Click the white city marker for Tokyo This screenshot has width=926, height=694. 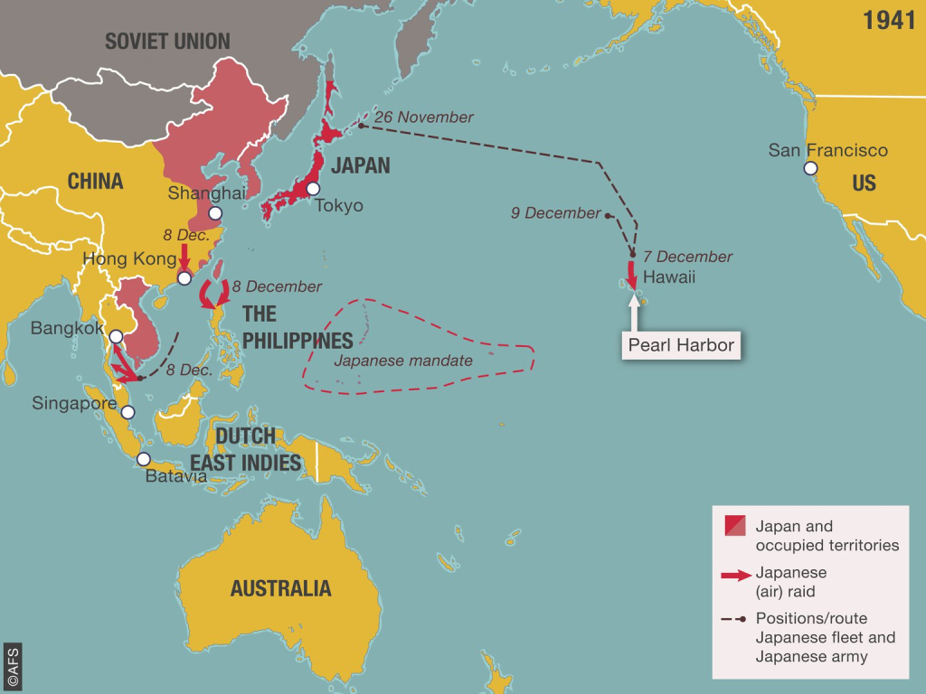click(x=313, y=189)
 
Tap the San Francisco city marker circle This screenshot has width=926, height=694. click(x=810, y=169)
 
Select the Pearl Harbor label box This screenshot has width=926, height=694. click(x=680, y=344)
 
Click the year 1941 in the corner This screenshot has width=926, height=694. click(x=889, y=21)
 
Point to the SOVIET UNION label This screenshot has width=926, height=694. click(x=167, y=41)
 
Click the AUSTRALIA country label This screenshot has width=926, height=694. click(x=280, y=588)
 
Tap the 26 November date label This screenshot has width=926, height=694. click(x=423, y=117)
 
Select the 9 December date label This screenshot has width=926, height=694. click(x=555, y=213)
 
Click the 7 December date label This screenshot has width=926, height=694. click(x=687, y=257)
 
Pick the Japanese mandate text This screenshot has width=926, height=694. click(x=403, y=361)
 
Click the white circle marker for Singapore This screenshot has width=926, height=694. click(x=128, y=412)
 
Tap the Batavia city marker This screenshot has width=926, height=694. click(x=143, y=459)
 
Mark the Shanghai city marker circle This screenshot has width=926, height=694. click(x=215, y=213)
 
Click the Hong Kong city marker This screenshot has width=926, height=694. click(x=184, y=278)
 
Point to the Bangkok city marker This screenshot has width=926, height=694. click(x=116, y=337)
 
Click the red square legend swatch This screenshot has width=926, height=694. click(x=734, y=525)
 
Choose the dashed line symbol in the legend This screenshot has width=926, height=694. click(x=734, y=620)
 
